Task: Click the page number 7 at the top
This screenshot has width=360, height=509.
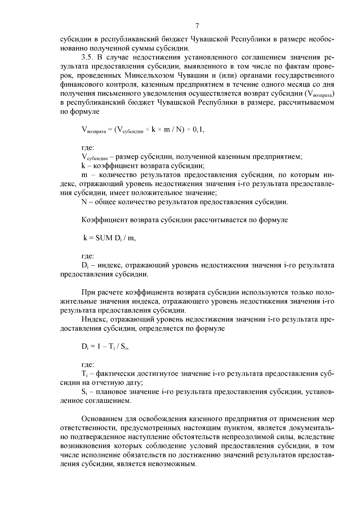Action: pos(197,26)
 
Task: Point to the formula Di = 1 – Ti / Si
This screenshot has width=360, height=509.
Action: pos(105,347)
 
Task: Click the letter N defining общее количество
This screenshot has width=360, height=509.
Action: pos(84,202)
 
